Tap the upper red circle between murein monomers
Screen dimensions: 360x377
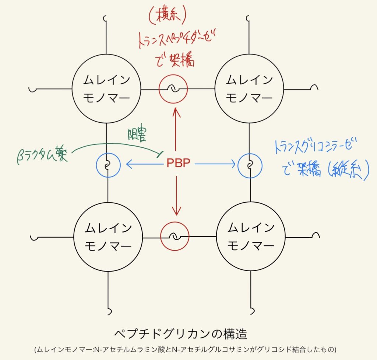[173, 89]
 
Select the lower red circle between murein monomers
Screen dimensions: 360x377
[175, 236]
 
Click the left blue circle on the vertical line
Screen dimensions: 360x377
[108, 165]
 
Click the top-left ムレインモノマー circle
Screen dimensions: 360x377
[107, 89]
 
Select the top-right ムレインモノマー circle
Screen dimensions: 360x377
[249, 89]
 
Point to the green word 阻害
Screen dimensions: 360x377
[137, 136]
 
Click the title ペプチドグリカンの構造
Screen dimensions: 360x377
[180, 334]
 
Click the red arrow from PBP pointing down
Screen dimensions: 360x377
[177, 195]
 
